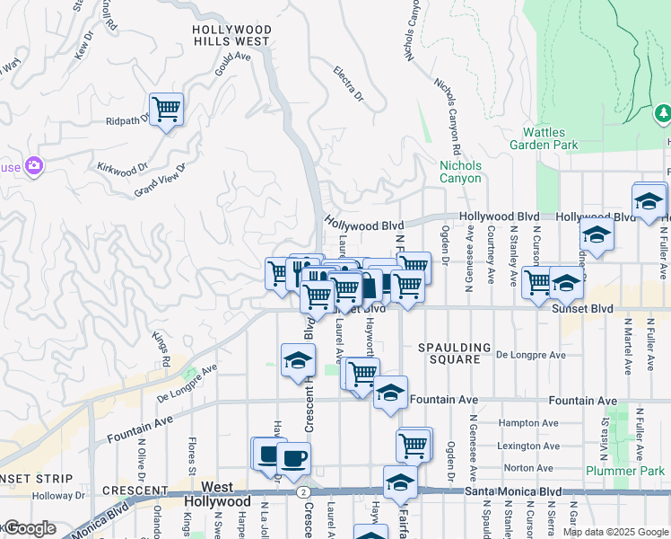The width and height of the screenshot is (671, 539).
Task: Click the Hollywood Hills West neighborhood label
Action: point(231,35)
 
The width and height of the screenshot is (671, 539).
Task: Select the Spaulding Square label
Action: point(455,353)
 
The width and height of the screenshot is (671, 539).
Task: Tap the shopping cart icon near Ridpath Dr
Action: point(166,110)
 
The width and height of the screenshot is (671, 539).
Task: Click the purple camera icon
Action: point(34,164)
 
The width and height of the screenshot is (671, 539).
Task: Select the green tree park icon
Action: point(663,113)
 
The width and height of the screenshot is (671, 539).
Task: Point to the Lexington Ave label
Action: point(532,446)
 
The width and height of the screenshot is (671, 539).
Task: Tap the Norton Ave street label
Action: point(528,468)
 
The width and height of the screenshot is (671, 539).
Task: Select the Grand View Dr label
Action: point(159,180)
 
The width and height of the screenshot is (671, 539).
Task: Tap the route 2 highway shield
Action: point(306,492)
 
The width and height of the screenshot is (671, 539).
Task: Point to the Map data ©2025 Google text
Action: point(614,532)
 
